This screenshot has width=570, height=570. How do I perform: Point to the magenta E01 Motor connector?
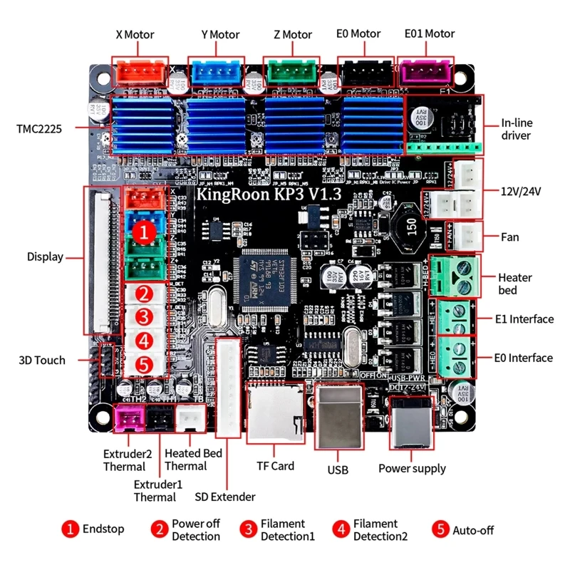[425, 72]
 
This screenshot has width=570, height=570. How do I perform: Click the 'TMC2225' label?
[39, 129]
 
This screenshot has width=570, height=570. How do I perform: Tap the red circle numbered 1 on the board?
[143, 232]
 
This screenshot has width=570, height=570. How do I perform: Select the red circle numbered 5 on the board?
[143, 364]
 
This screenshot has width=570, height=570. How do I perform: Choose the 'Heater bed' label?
[514, 284]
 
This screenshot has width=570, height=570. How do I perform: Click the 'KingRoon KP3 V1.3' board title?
[269, 193]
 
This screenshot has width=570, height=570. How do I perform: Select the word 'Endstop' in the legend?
[103, 529]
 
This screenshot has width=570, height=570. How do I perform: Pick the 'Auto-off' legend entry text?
[472, 529]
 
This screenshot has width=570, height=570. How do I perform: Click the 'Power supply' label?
[412, 468]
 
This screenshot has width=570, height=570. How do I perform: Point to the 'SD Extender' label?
[225, 497]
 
